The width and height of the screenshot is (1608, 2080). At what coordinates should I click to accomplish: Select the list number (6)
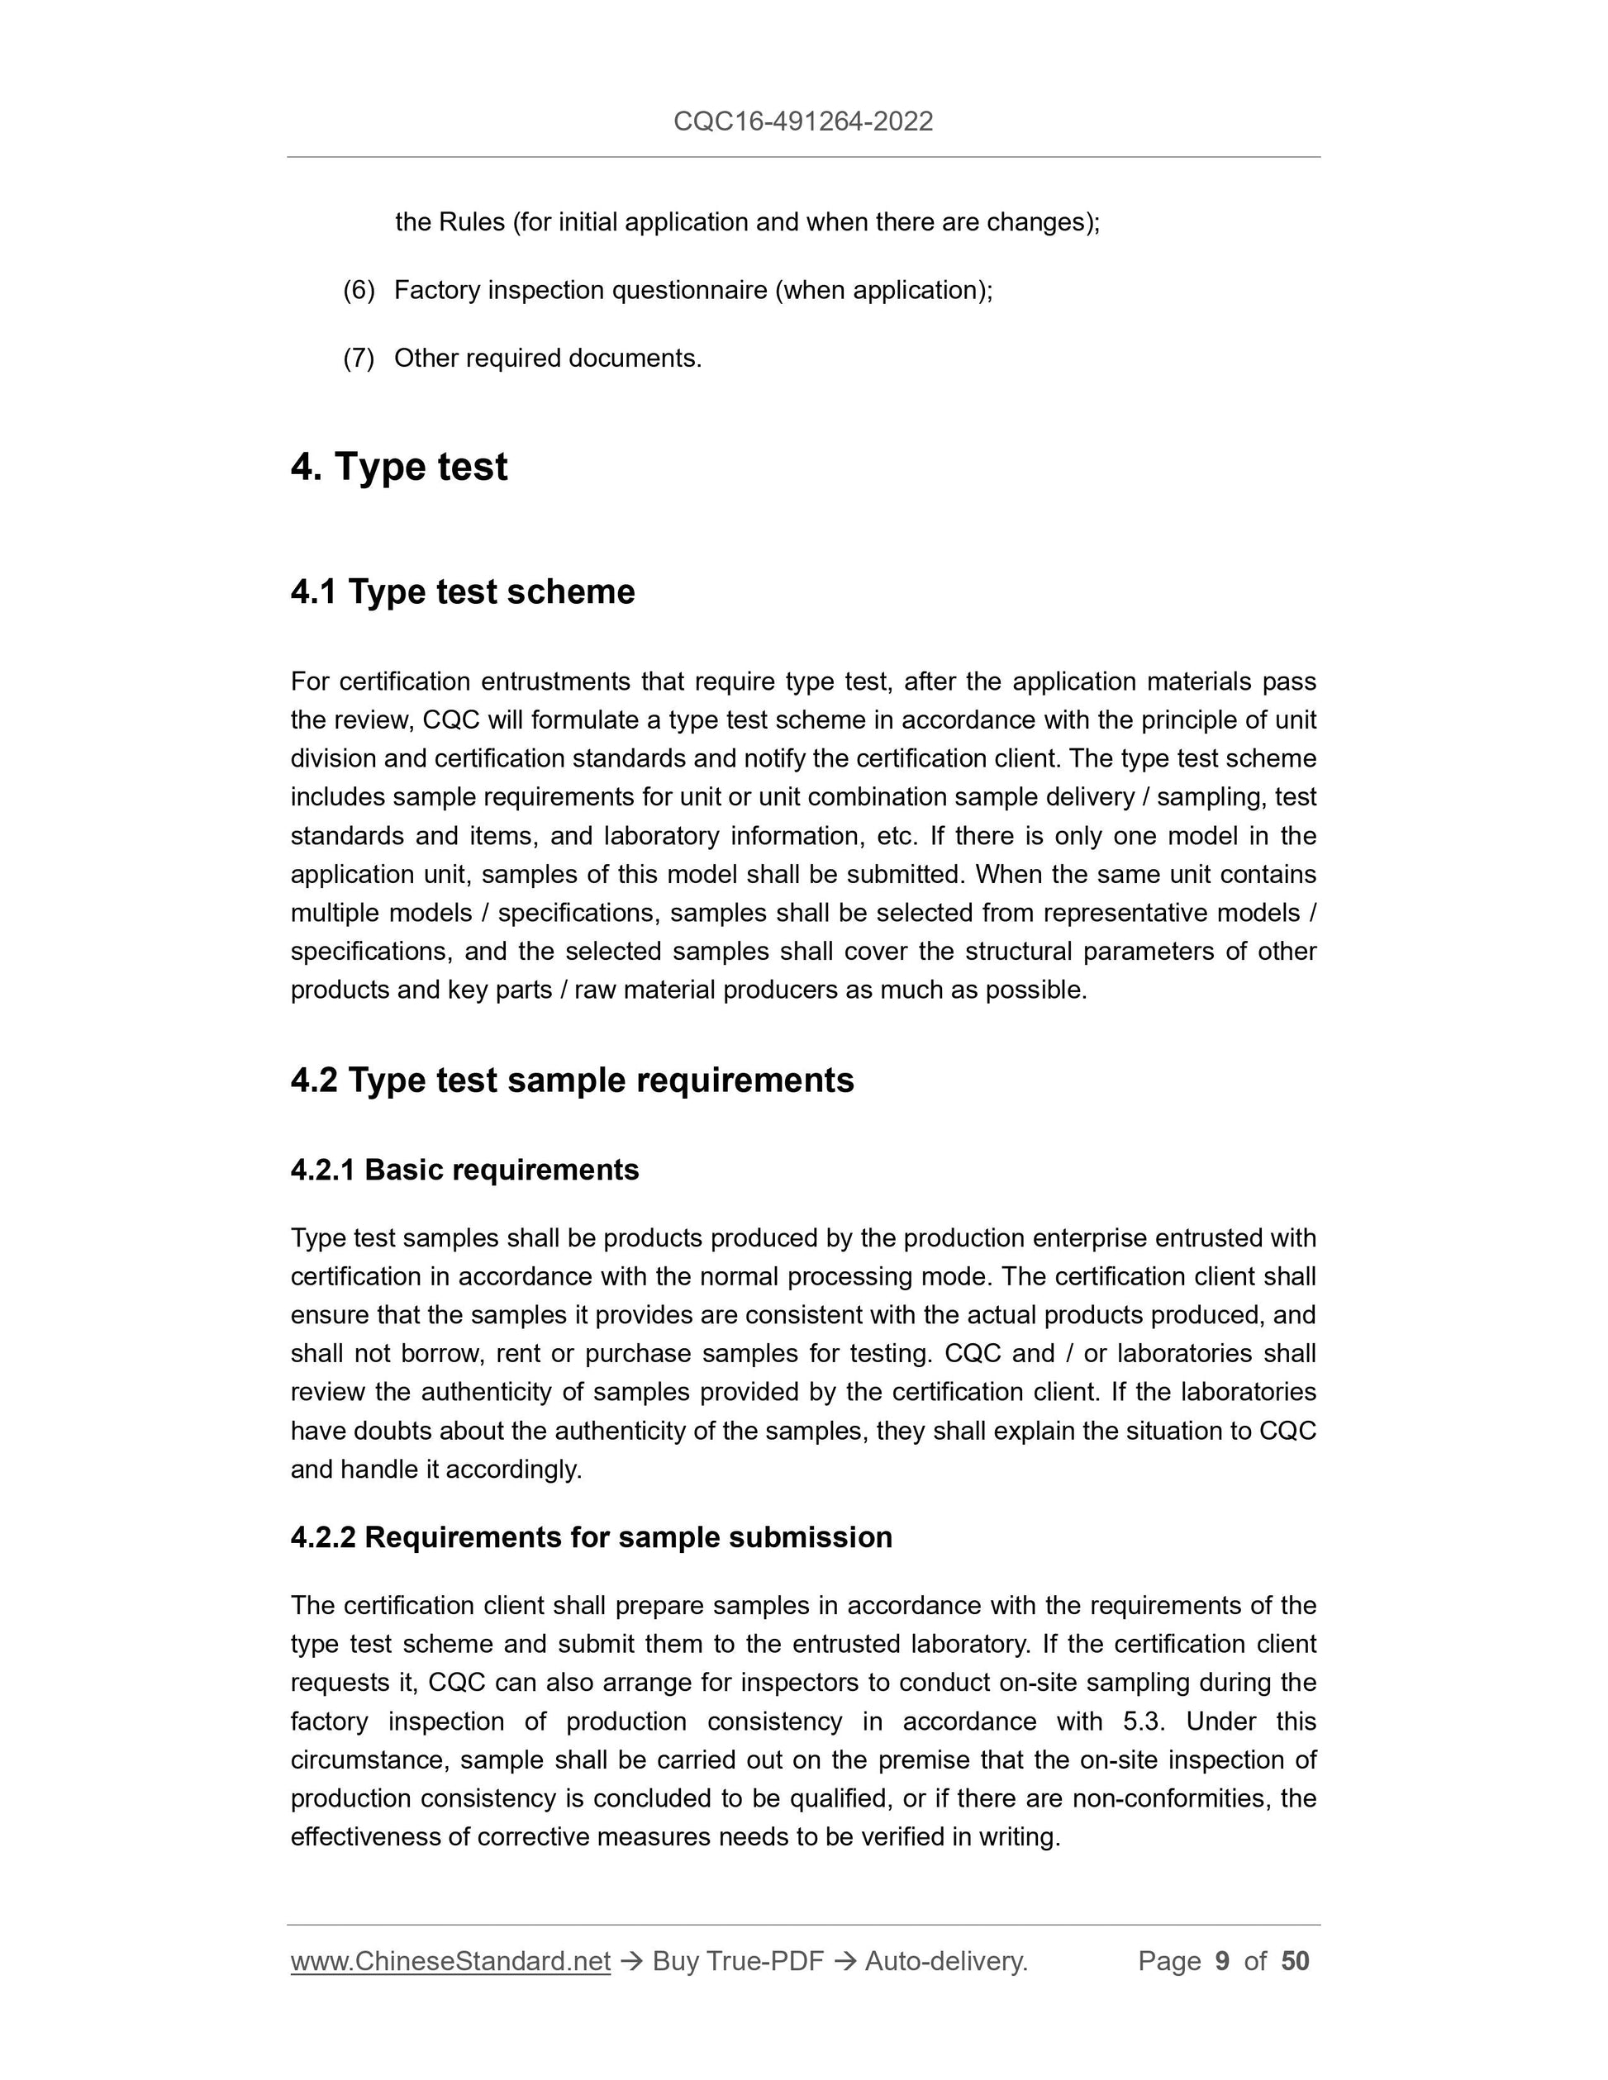tap(359, 291)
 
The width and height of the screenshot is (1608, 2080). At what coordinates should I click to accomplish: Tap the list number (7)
tap(359, 359)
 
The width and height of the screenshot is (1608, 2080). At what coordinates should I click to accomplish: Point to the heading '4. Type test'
tap(399, 467)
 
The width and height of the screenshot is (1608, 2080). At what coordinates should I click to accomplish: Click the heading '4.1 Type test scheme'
tap(463, 591)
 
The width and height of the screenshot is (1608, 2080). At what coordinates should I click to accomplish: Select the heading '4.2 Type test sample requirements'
tap(573, 1080)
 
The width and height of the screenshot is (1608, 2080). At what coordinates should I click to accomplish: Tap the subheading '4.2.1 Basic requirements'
tap(465, 1170)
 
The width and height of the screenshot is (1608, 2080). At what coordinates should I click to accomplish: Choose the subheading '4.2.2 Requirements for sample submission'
tap(592, 1537)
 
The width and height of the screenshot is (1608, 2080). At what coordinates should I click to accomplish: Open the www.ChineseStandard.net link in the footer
tap(450, 1961)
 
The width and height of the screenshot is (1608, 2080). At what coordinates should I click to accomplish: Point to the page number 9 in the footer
tap(1222, 1961)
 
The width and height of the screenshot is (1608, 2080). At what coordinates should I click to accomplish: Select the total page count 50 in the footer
tap(1295, 1961)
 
